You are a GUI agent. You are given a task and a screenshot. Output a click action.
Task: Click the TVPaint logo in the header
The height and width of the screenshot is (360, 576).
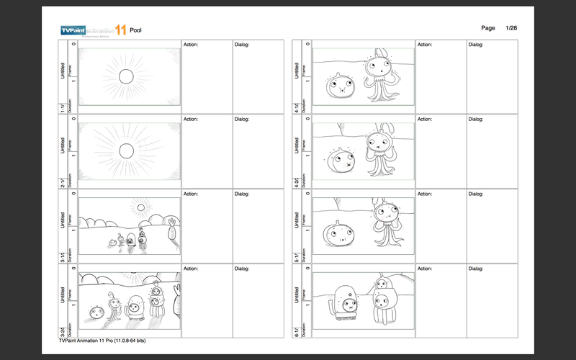92,30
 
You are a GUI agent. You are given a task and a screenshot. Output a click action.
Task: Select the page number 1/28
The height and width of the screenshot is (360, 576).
512,27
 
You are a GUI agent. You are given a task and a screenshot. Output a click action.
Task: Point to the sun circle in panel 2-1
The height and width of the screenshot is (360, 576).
127,150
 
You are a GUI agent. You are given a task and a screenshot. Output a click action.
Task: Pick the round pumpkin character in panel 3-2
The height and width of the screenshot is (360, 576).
96,312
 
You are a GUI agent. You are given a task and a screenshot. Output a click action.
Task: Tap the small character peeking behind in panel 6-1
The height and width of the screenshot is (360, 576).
382,284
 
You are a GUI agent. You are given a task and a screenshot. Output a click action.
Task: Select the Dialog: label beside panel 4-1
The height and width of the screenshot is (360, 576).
476,44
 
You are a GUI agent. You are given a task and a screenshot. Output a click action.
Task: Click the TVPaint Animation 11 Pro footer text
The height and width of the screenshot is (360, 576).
103,341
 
